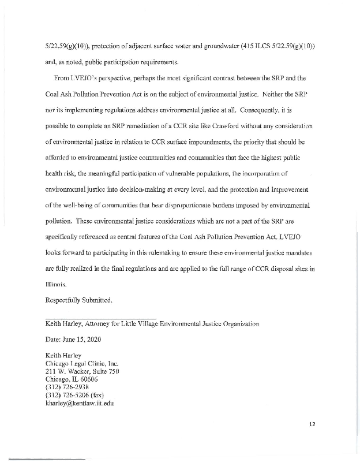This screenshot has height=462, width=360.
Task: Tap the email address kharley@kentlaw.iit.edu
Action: point(80,403)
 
